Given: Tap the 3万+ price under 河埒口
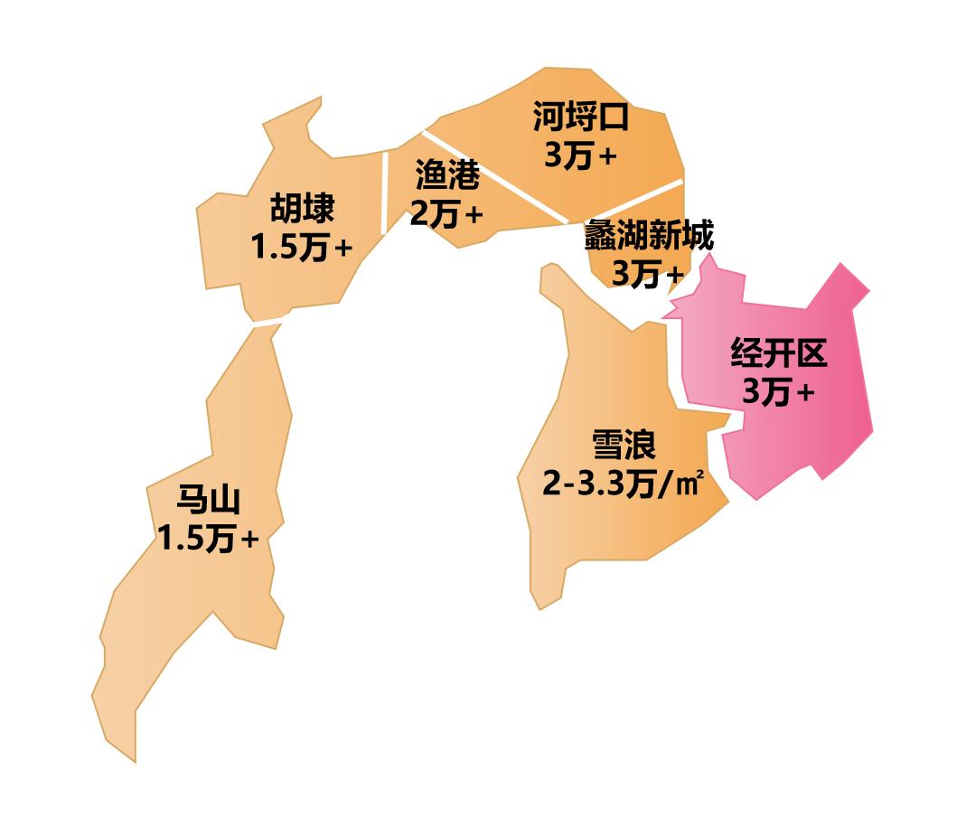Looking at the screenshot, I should tap(579, 155).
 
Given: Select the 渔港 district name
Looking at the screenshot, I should tap(446, 175).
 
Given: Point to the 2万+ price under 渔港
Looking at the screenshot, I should tap(446, 214).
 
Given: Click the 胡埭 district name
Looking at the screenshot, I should tap(302, 209).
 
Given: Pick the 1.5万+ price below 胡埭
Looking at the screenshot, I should tap(302, 247).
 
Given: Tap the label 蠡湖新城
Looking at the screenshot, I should tap(649, 236).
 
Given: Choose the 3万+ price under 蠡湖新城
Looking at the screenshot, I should tap(648, 273).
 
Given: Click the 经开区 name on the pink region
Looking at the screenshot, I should tap(778, 354).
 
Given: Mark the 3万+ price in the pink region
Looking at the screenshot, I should tap(778, 392).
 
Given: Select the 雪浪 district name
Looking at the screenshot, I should tap(623, 445).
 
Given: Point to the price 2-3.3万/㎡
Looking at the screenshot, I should tap(623, 484).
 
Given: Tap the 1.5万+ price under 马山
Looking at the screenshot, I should tap(208, 539).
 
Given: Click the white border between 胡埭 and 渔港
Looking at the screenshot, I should tap(385, 193).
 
